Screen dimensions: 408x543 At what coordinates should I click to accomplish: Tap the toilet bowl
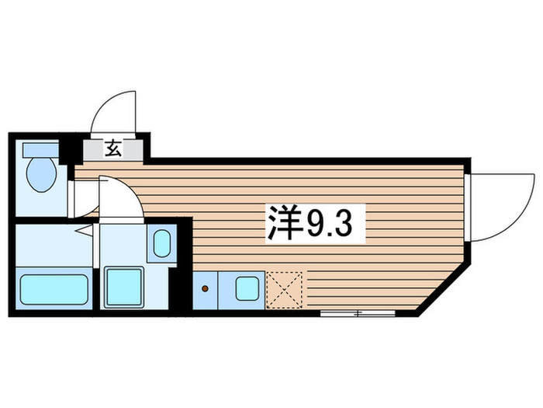[39, 175]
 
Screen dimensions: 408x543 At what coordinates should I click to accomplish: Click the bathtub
[54, 288]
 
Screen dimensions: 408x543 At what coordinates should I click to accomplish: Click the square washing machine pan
[123, 286]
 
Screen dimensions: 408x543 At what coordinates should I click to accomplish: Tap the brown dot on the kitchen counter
[206, 288]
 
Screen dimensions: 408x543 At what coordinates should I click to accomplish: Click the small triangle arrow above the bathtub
[81, 229]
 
